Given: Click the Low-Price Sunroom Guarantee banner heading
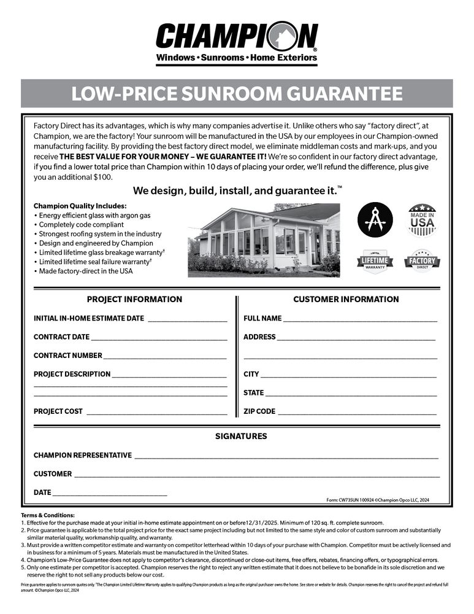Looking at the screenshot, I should (x=237, y=94).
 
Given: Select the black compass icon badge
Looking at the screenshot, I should (x=375, y=220).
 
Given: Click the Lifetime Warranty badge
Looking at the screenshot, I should (x=375, y=260).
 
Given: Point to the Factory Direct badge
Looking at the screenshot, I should (x=422, y=260).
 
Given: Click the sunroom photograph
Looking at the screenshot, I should (x=264, y=240).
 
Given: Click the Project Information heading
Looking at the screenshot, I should (x=134, y=299).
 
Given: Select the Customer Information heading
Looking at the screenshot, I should (x=346, y=299).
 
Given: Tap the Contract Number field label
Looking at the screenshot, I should (x=67, y=356).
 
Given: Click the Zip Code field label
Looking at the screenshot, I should (x=259, y=411).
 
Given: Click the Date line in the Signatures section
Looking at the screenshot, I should (x=110, y=494).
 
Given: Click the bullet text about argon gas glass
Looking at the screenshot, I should (x=94, y=216).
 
